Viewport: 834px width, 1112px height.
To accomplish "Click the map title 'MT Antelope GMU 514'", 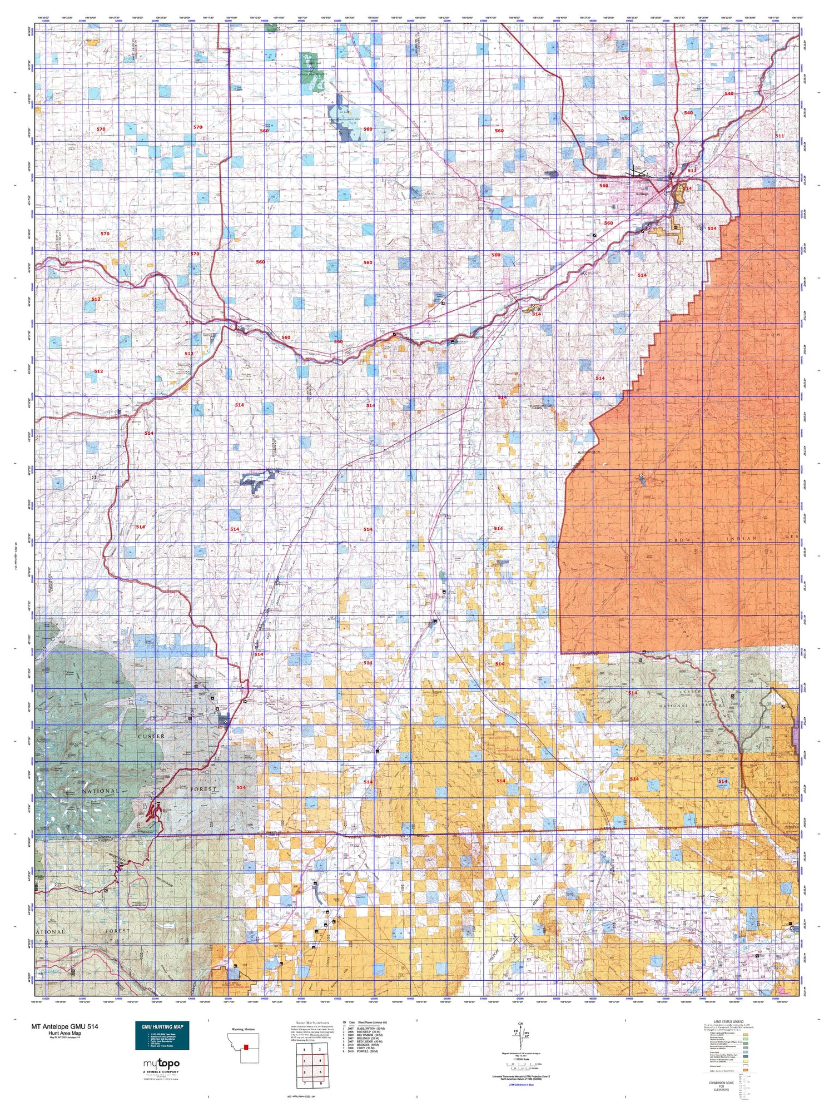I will (x=65, y=1026).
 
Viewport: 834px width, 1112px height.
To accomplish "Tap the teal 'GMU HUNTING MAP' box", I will (x=162, y=1035).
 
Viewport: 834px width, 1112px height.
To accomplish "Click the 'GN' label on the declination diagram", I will (x=520, y=1024).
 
